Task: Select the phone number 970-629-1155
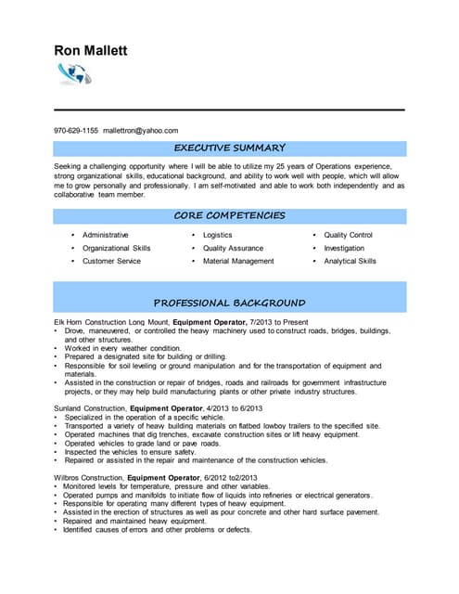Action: (76, 131)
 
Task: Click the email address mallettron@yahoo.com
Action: (141, 131)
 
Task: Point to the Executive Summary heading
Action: (230, 148)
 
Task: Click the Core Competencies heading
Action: (230, 215)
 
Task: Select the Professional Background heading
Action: (230, 303)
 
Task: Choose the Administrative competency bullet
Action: (105, 236)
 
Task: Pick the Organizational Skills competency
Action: (116, 249)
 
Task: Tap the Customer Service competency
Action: (111, 262)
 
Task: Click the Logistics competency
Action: (217, 236)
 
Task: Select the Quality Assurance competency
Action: (233, 249)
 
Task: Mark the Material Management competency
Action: (238, 262)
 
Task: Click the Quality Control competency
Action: (348, 236)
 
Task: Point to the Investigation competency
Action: (344, 249)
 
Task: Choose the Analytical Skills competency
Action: (350, 262)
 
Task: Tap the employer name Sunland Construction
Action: (90, 407)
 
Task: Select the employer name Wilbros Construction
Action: (89, 477)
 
